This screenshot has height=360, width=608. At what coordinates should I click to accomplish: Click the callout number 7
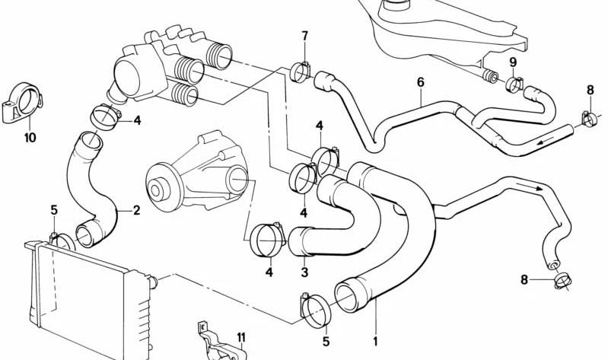(x=304, y=36)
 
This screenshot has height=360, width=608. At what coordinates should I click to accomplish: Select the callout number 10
(x=30, y=137)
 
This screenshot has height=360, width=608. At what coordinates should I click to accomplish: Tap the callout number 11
(x=241, y=337)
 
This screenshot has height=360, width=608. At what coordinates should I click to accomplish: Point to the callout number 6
(x=420, y=82)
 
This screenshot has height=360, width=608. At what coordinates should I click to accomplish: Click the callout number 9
(x=513, y=62)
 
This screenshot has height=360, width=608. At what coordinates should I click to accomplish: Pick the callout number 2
(x=136, y=210)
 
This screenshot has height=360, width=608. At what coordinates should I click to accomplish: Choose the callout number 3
(x=304, y=272)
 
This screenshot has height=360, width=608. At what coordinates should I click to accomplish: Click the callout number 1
(x=375, y=342)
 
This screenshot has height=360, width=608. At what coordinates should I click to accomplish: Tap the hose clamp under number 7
(x=300, y=72)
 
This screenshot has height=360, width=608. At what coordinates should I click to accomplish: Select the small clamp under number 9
(x=515, y=85)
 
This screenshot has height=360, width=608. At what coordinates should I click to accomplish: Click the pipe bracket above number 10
(x=24, y=101)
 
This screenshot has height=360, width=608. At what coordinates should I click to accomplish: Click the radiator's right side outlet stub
(x=154, y=282)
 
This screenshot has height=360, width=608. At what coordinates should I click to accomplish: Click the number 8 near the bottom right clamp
(x=524, y=279)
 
